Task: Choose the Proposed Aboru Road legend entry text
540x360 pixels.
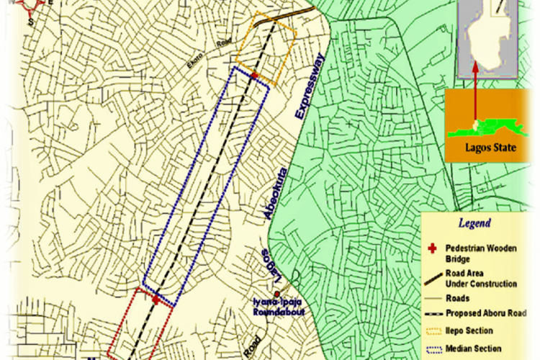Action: point(486,313)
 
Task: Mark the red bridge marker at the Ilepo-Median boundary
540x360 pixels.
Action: point(254,75)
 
